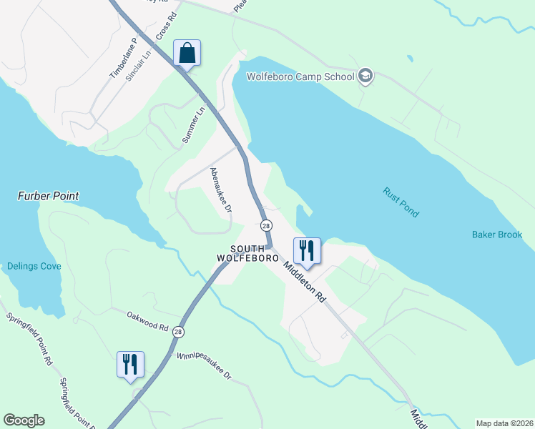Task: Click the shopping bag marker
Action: coord(187,54)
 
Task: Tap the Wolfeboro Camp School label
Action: coord(300,77)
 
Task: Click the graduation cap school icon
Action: coord(365,77)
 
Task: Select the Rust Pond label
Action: coord(401,203)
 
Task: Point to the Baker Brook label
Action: coord(497,235)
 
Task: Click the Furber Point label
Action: coord(48,196)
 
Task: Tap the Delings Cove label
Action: coord(34,266)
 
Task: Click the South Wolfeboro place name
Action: coord(247,252)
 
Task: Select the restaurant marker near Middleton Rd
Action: coord(308,251)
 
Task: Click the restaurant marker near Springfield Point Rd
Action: coord(130,365)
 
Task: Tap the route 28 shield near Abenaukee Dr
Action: coord(266,225)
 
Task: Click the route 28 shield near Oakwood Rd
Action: coord(178,332)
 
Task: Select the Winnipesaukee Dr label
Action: coord(205,365)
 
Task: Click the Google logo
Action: coord(24,420)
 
